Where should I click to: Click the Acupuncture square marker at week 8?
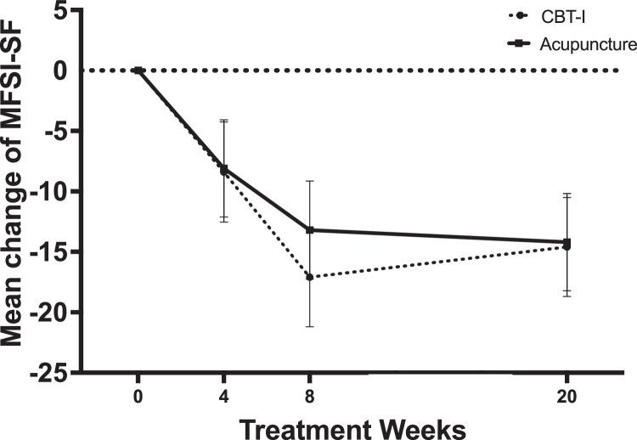click(x=310, y=229)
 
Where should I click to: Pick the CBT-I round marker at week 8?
click(x=310, y=277)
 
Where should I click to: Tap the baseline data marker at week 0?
click(x=138, y=71)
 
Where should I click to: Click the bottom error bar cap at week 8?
click(x=310, y=326)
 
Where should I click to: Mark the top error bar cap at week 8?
click(x=310, y=181)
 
